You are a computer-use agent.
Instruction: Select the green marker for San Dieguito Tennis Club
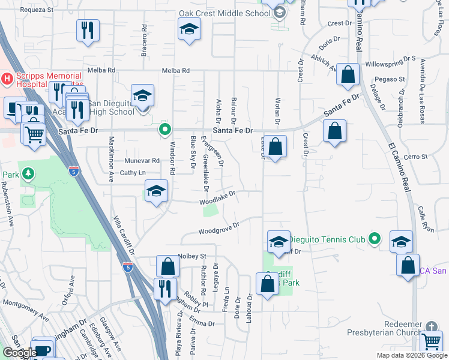pos(375,239)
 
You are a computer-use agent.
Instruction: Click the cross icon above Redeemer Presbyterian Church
pos(430,327)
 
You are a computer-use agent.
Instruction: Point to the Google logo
pos(20,353)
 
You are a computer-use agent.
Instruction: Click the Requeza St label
pos(37,10)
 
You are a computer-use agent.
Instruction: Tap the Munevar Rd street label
pos(142,160)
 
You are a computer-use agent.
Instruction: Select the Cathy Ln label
pos(133,173)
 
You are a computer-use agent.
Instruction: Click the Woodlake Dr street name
pos(217,197)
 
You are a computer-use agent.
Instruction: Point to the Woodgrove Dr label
pos(219,228)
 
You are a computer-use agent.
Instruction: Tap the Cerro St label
pos(415,157)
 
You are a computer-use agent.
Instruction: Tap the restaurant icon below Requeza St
pos(88,30)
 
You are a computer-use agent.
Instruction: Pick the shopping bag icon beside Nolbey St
pos(168,266)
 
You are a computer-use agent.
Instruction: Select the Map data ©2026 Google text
pos(411,355)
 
